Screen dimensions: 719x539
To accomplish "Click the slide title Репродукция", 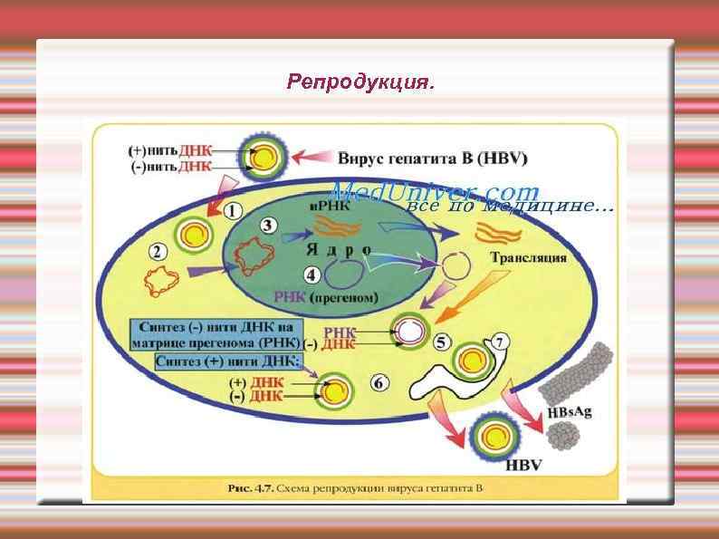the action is (x=359, y=82).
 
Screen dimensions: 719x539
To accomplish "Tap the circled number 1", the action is (x=232, y=210).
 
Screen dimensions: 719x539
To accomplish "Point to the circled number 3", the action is (x=267, y=226).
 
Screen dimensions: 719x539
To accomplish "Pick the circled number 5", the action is (x=441, y=342).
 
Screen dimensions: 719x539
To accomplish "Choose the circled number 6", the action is (x=379, y=384).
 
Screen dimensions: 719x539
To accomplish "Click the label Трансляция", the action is (x=529, y=257).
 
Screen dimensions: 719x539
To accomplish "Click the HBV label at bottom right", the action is (x=522, y=467).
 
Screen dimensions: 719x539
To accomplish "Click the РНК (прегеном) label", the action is (x=326, y=296).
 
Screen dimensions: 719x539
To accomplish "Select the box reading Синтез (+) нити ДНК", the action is (x=231, y=361).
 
